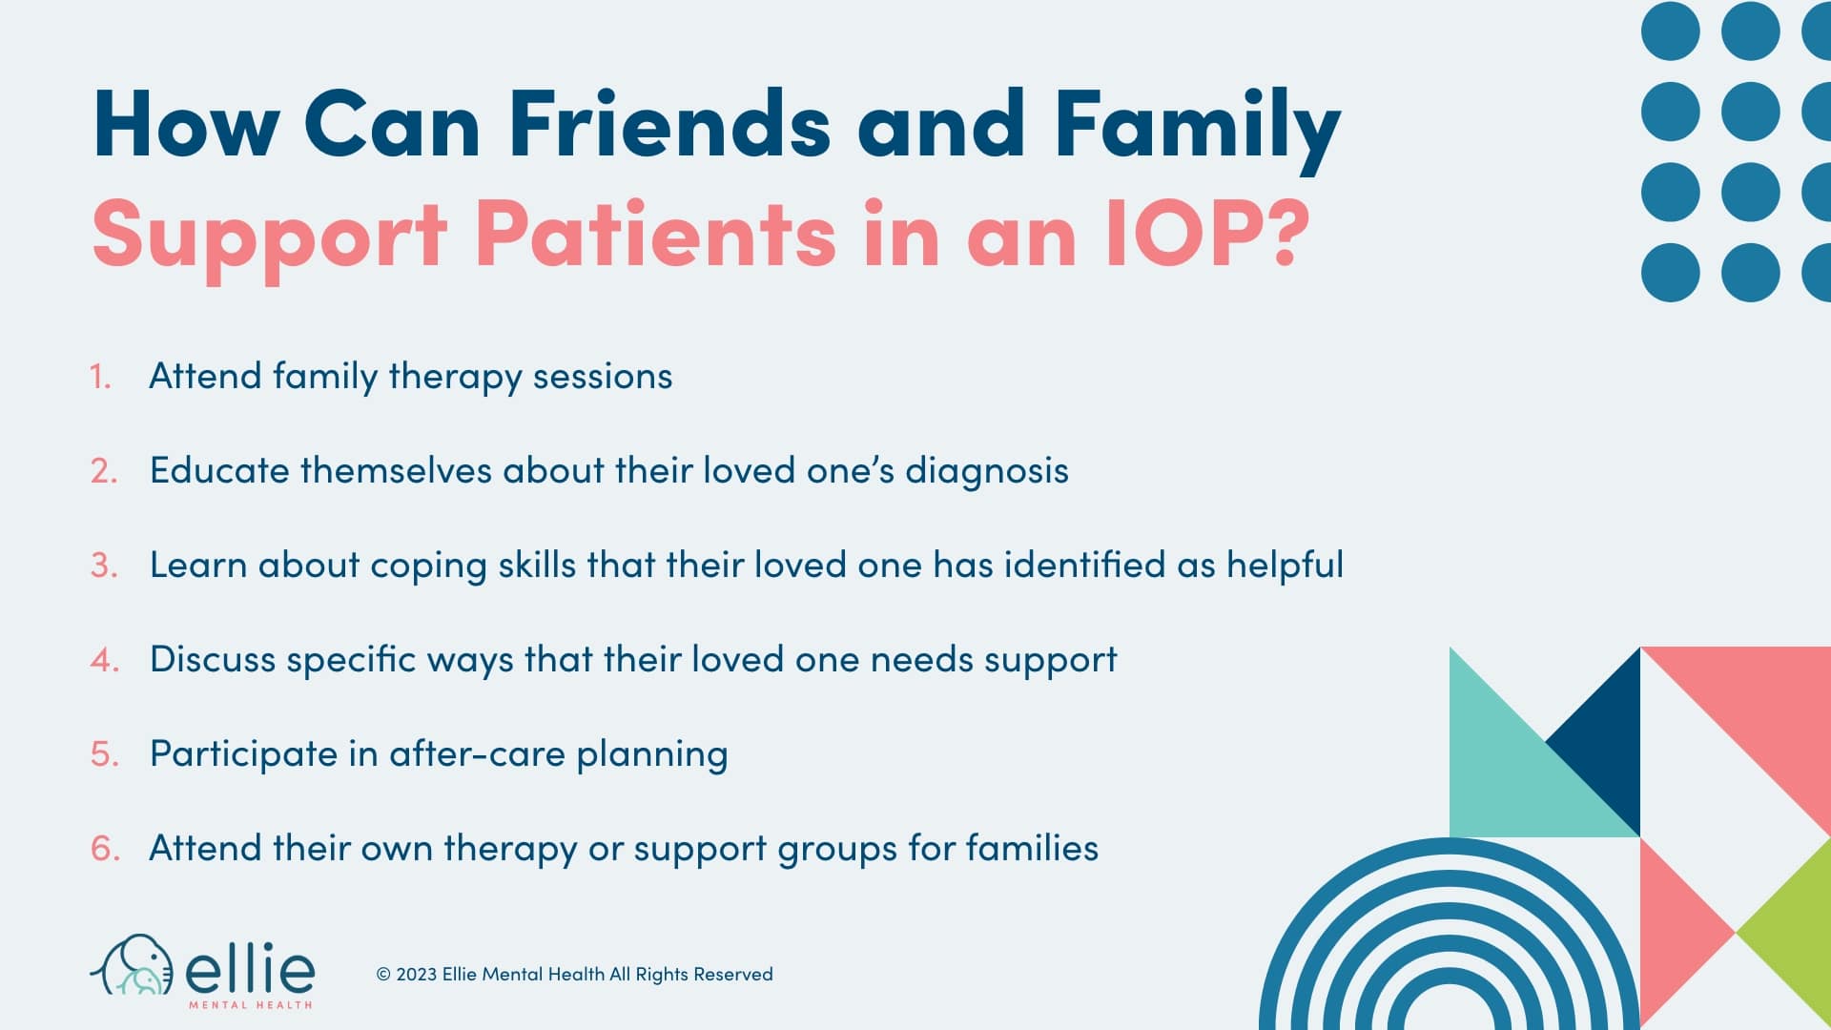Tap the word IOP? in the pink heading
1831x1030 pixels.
1207,234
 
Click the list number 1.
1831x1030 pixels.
100,377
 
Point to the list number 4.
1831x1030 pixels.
104,660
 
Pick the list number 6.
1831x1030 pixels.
105,849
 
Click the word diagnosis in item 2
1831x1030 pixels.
986,471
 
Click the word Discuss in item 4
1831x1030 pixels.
213,660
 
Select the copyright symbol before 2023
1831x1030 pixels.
383,975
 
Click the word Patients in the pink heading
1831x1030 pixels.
655,234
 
